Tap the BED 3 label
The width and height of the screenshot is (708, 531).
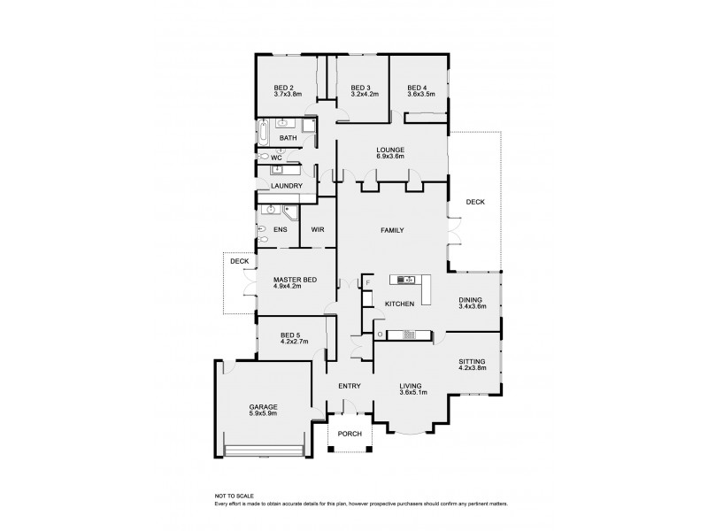359,88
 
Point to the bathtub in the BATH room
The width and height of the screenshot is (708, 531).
264,134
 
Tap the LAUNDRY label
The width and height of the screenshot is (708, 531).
287,186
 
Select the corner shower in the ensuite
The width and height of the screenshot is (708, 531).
290,212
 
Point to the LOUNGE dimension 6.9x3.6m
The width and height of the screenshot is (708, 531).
390,158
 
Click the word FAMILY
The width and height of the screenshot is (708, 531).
392,230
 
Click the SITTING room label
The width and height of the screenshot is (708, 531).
471,360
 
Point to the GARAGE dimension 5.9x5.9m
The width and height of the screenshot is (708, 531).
262,414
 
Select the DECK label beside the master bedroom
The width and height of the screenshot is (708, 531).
239,262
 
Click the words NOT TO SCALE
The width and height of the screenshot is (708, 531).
235,496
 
